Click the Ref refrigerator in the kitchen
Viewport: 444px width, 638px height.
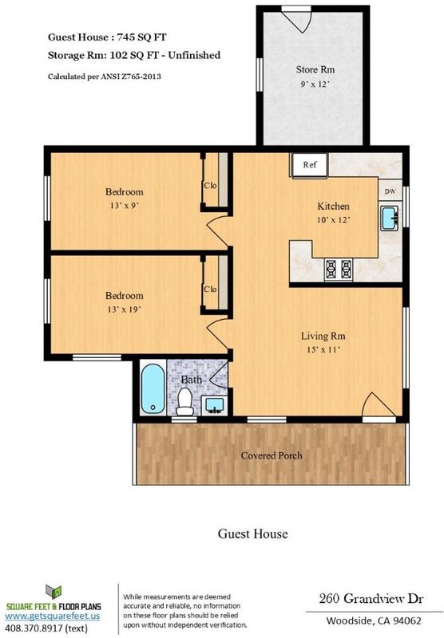click(309, 165)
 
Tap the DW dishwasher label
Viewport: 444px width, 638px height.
click(390, 191)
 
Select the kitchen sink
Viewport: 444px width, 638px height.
click(390, 218)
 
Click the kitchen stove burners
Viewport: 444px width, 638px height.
click(339, 269)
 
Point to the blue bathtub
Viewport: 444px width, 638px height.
click(153, 388)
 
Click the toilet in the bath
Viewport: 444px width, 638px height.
click(185, 402)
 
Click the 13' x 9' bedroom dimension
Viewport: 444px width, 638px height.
click(125, 206)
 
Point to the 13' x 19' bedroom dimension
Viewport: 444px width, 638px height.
click(125, 309)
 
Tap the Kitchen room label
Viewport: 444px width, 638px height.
click(333, 206)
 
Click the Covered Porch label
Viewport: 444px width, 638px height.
click(272, 455)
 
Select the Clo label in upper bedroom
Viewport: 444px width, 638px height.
click(210, 186)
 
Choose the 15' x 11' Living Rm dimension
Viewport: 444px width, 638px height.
click(323, 349)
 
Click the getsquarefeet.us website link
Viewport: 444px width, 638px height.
click(52, 616)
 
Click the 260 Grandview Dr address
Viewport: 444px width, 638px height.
click(371, 599)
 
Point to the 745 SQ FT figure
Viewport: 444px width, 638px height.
click(142, 37)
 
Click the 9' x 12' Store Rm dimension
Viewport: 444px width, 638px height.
click(315, 85)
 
